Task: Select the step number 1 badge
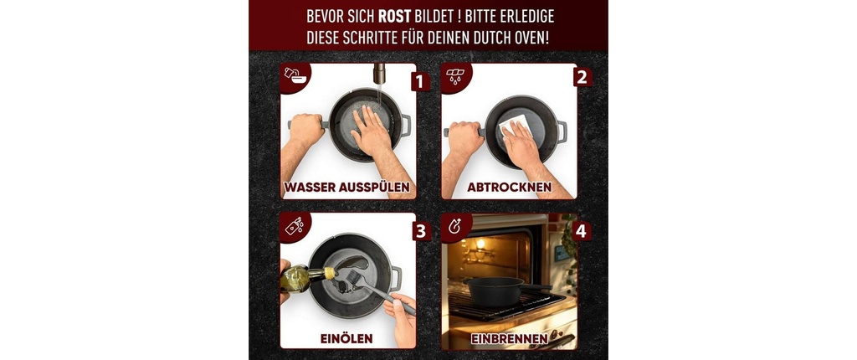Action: pos(420,82)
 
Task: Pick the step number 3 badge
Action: pos(420,231)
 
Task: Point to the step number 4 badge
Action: pos(581,231)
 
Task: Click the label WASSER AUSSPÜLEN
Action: pos(347,188)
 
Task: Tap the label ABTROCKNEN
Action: pos(509,187)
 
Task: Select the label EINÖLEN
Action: pos(346,339)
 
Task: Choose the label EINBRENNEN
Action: pos(509,339)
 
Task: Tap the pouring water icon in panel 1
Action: pos(295,76)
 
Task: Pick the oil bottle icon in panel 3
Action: pos(294,226)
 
